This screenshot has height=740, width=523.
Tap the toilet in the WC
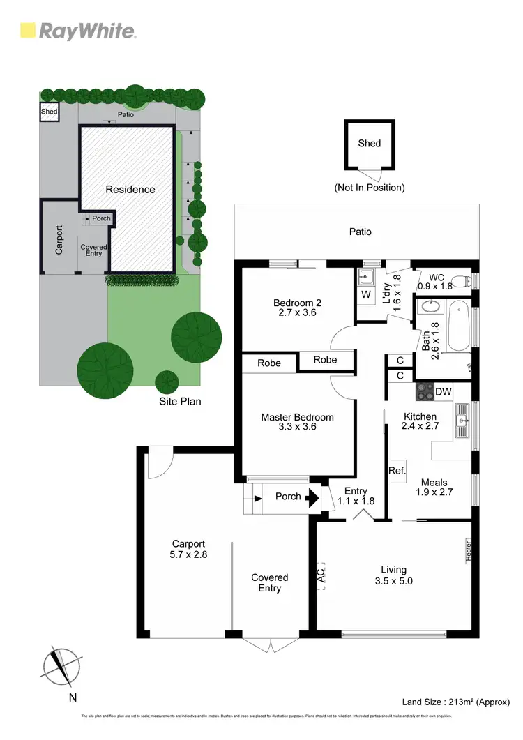click(469, 281)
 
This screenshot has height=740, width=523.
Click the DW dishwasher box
click(444, 393)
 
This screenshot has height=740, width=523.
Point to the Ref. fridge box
click(397, 471)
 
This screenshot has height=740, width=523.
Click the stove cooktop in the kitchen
click(425, 392)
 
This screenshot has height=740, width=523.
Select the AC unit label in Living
click(321, 577)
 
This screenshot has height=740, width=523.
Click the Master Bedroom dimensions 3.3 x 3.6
click(297, 427)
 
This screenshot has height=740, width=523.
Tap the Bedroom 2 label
click(297, 303)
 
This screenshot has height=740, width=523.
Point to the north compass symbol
click(61, 667)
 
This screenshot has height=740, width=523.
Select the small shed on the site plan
click(49, 112)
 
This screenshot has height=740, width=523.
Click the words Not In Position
click(369, 188)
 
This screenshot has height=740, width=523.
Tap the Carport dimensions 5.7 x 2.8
click(189, 555)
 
